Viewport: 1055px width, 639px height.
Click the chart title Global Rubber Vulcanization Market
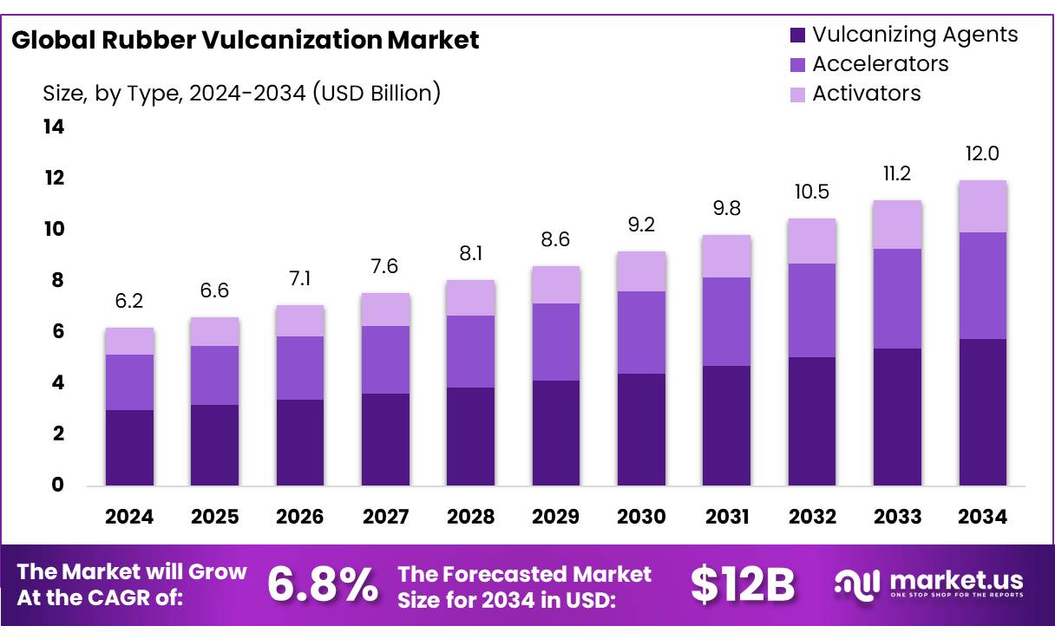coord(245,40)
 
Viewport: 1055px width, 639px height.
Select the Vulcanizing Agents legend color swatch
coord(797,36)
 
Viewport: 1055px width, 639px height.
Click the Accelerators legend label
coord(880,64)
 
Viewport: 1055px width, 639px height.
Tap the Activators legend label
coord(866,94)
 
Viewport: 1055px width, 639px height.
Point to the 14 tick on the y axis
coord(54,127)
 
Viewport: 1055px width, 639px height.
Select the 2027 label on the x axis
coord(385,517)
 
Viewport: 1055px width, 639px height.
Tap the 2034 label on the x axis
coord(982,517)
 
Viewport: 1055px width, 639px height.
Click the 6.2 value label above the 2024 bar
coord(129,301)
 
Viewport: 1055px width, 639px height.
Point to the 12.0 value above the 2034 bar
coord(982,154)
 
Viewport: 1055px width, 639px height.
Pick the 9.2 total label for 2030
coord(641,225)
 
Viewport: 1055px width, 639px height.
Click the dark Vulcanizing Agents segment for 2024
coord(129,447)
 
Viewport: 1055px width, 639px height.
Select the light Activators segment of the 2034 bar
coord(982,206)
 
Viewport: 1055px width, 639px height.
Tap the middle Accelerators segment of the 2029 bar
coord(555,342)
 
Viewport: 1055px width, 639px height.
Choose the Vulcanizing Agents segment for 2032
coord(811,421)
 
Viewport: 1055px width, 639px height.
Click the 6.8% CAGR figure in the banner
coord(322,585)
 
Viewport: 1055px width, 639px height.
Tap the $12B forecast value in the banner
coord(743,585)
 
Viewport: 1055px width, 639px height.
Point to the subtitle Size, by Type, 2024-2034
coord(242,93)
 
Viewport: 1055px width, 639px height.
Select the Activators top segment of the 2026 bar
coord(299,321)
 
